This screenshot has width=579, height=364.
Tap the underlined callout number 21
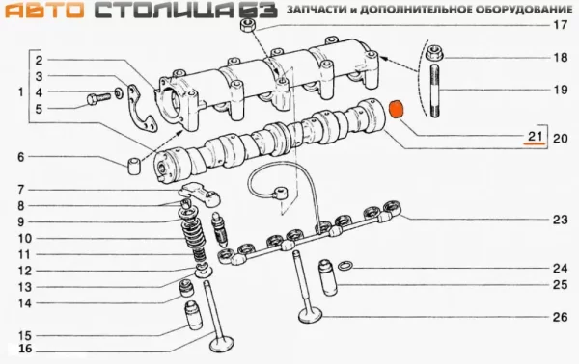[536, 135]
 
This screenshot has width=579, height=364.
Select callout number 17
[557, 26]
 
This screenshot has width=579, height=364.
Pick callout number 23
[557, 221]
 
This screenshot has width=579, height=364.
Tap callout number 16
[25, 349]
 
